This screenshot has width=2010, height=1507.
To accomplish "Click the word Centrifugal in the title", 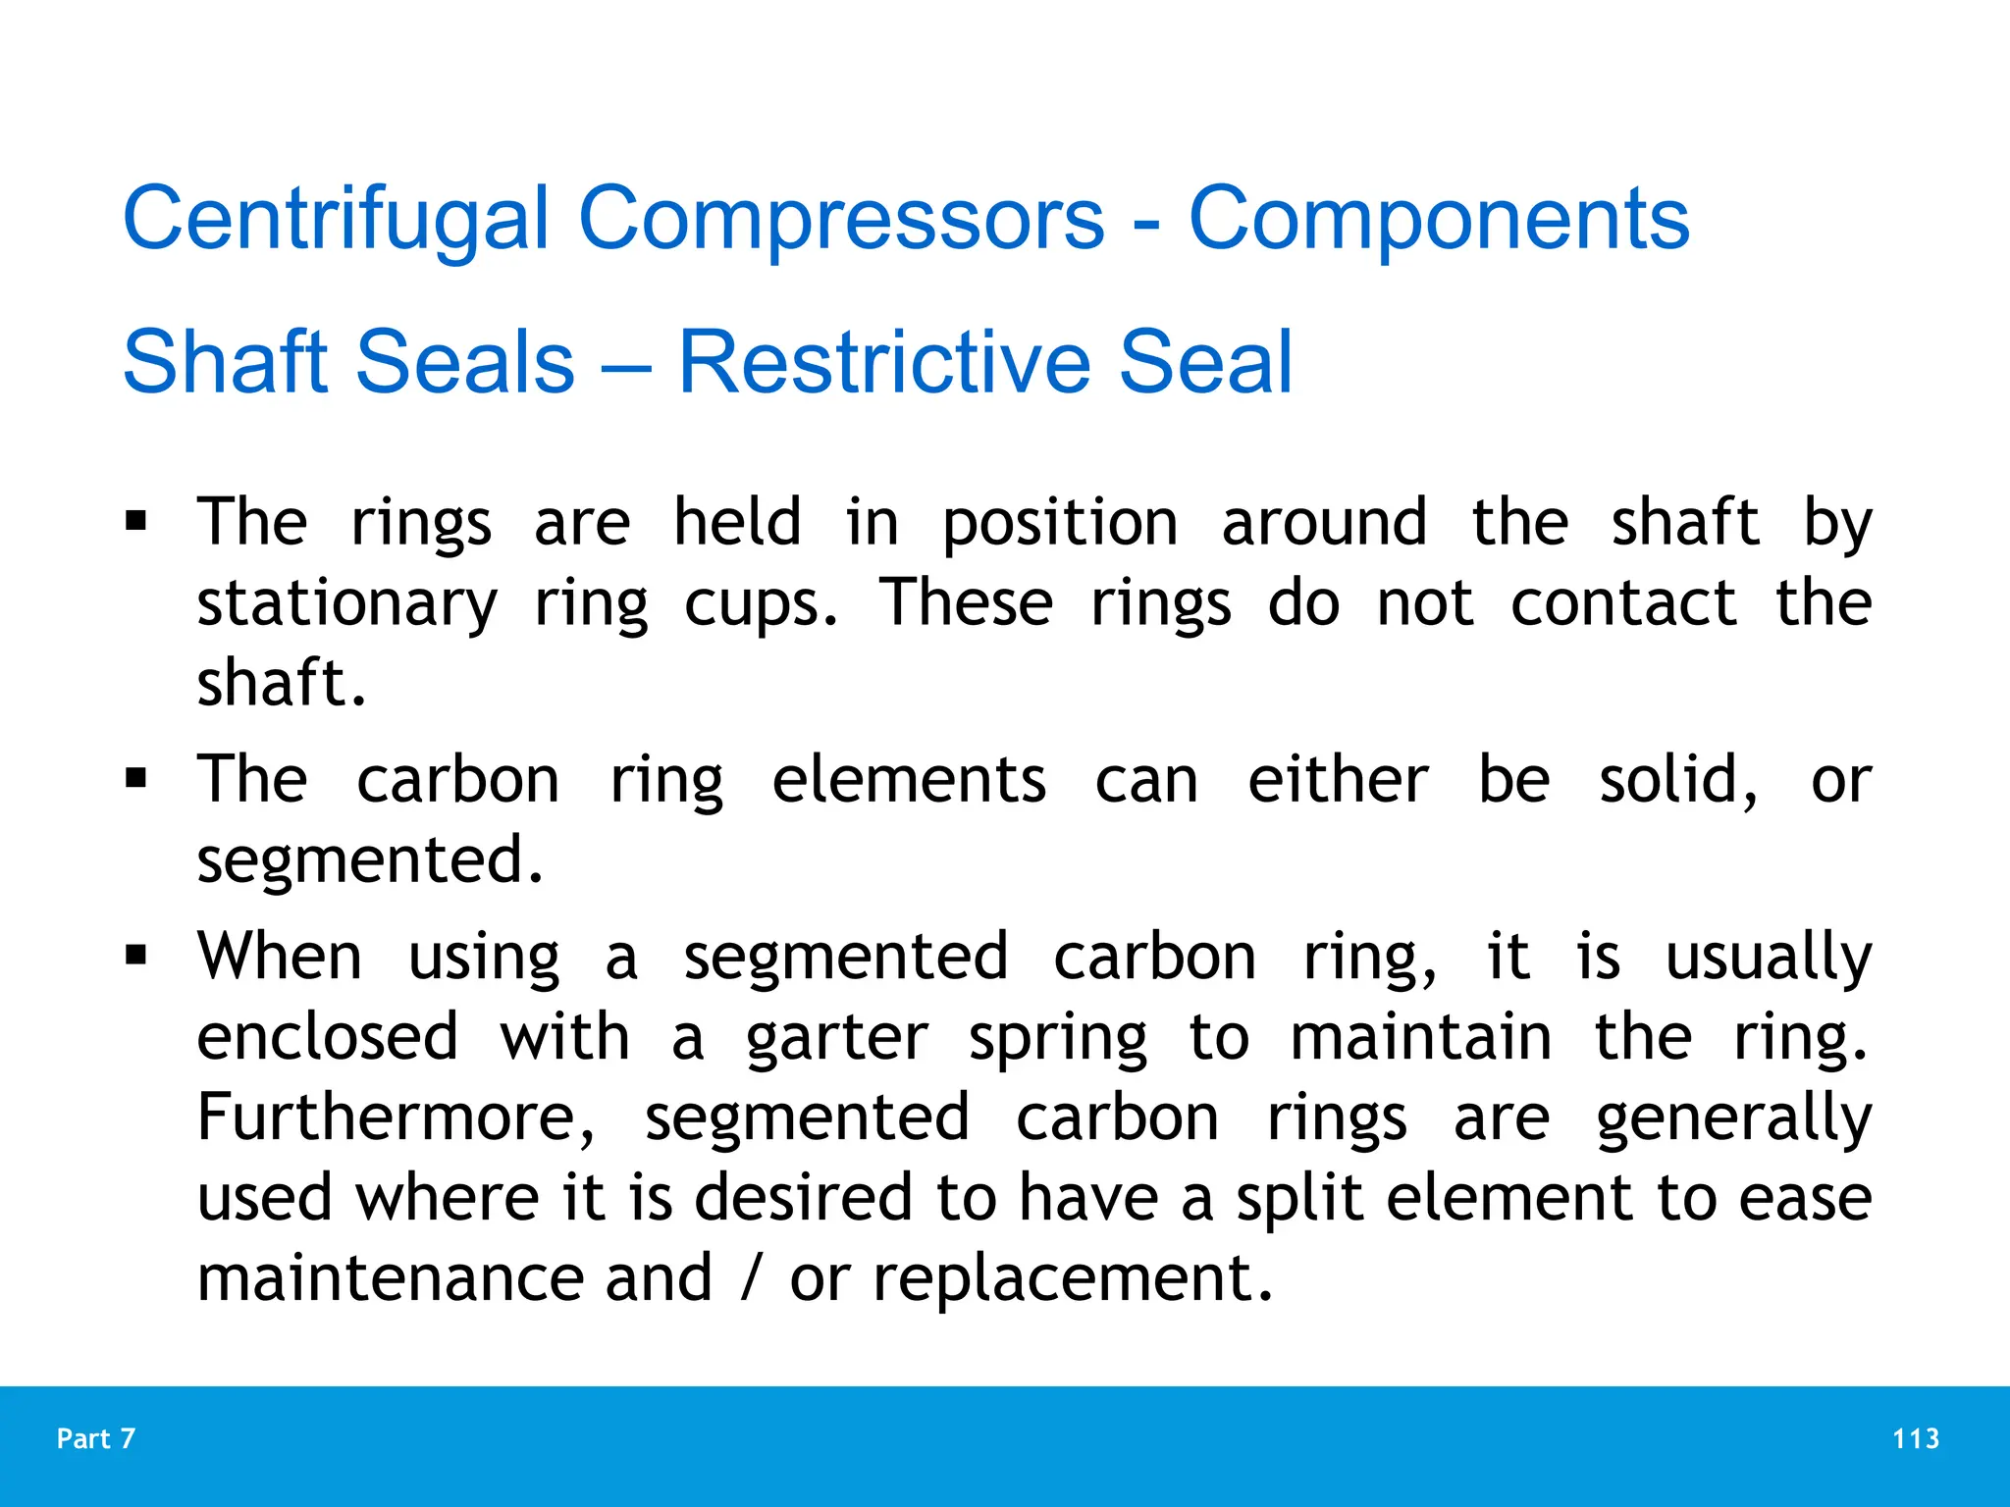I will coord(335,220).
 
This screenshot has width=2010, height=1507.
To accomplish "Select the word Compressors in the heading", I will coord(841,220).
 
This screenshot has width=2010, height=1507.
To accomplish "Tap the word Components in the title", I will coord(1439,220).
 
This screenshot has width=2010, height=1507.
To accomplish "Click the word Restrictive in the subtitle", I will coord(883,363).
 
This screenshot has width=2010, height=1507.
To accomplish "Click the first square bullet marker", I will coord(136,520).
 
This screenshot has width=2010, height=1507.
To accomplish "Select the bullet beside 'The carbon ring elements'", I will coord(136,779).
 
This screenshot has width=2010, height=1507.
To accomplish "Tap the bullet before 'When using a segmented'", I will coord(136,956).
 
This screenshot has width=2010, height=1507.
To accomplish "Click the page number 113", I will coord(1916,1439).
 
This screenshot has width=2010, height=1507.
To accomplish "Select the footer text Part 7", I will coord(96,1439).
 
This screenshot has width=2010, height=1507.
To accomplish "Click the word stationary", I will coord(347,604).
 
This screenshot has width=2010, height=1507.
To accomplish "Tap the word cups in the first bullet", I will coord(762,604).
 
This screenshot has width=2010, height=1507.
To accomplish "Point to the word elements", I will coord(909,781).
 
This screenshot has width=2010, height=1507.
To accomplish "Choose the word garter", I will coord(836,1038).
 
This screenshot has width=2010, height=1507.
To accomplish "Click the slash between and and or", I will coord(752,1279).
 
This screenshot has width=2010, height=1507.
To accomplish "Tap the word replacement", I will coord(1073,1279).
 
